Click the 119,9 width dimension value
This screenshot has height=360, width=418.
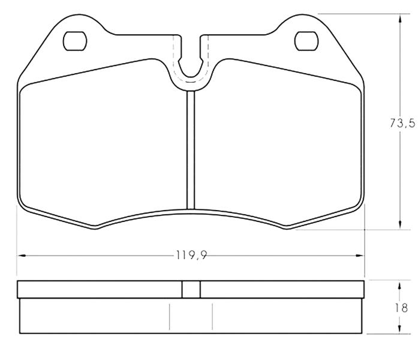(x=191, y=255)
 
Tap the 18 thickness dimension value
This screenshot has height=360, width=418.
(x=402, y=308)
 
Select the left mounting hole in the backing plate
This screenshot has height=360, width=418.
(x=75, y=41)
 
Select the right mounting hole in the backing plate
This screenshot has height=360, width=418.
(x=306, y=41)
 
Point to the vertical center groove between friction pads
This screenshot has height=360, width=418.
(x=191, y=150)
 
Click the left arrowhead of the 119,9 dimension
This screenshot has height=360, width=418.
(x=22, y=256)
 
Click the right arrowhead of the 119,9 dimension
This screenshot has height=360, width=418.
(x=360, y=256)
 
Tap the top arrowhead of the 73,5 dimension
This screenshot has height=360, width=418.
(x=399, y=19)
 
